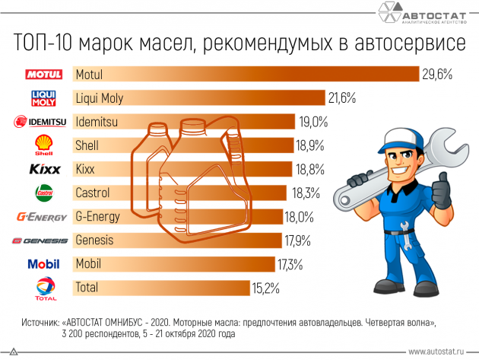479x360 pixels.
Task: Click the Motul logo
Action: pos(43,75)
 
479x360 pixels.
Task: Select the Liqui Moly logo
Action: pos(43,98)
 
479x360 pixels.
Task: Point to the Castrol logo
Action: pos(43,193)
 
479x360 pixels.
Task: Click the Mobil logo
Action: pos(43,264)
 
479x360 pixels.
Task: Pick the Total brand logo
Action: pos(43,288)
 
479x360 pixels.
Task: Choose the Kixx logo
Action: pos(43,169)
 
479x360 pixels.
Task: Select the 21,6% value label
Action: pos(342,98)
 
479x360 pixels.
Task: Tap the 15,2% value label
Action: pos(265,288)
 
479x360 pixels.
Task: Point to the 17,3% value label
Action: pos(289,264)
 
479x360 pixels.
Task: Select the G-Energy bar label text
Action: pos(98,216)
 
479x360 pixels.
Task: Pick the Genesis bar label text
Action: pos(94,241)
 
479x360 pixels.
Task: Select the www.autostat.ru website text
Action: pos(438,352)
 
